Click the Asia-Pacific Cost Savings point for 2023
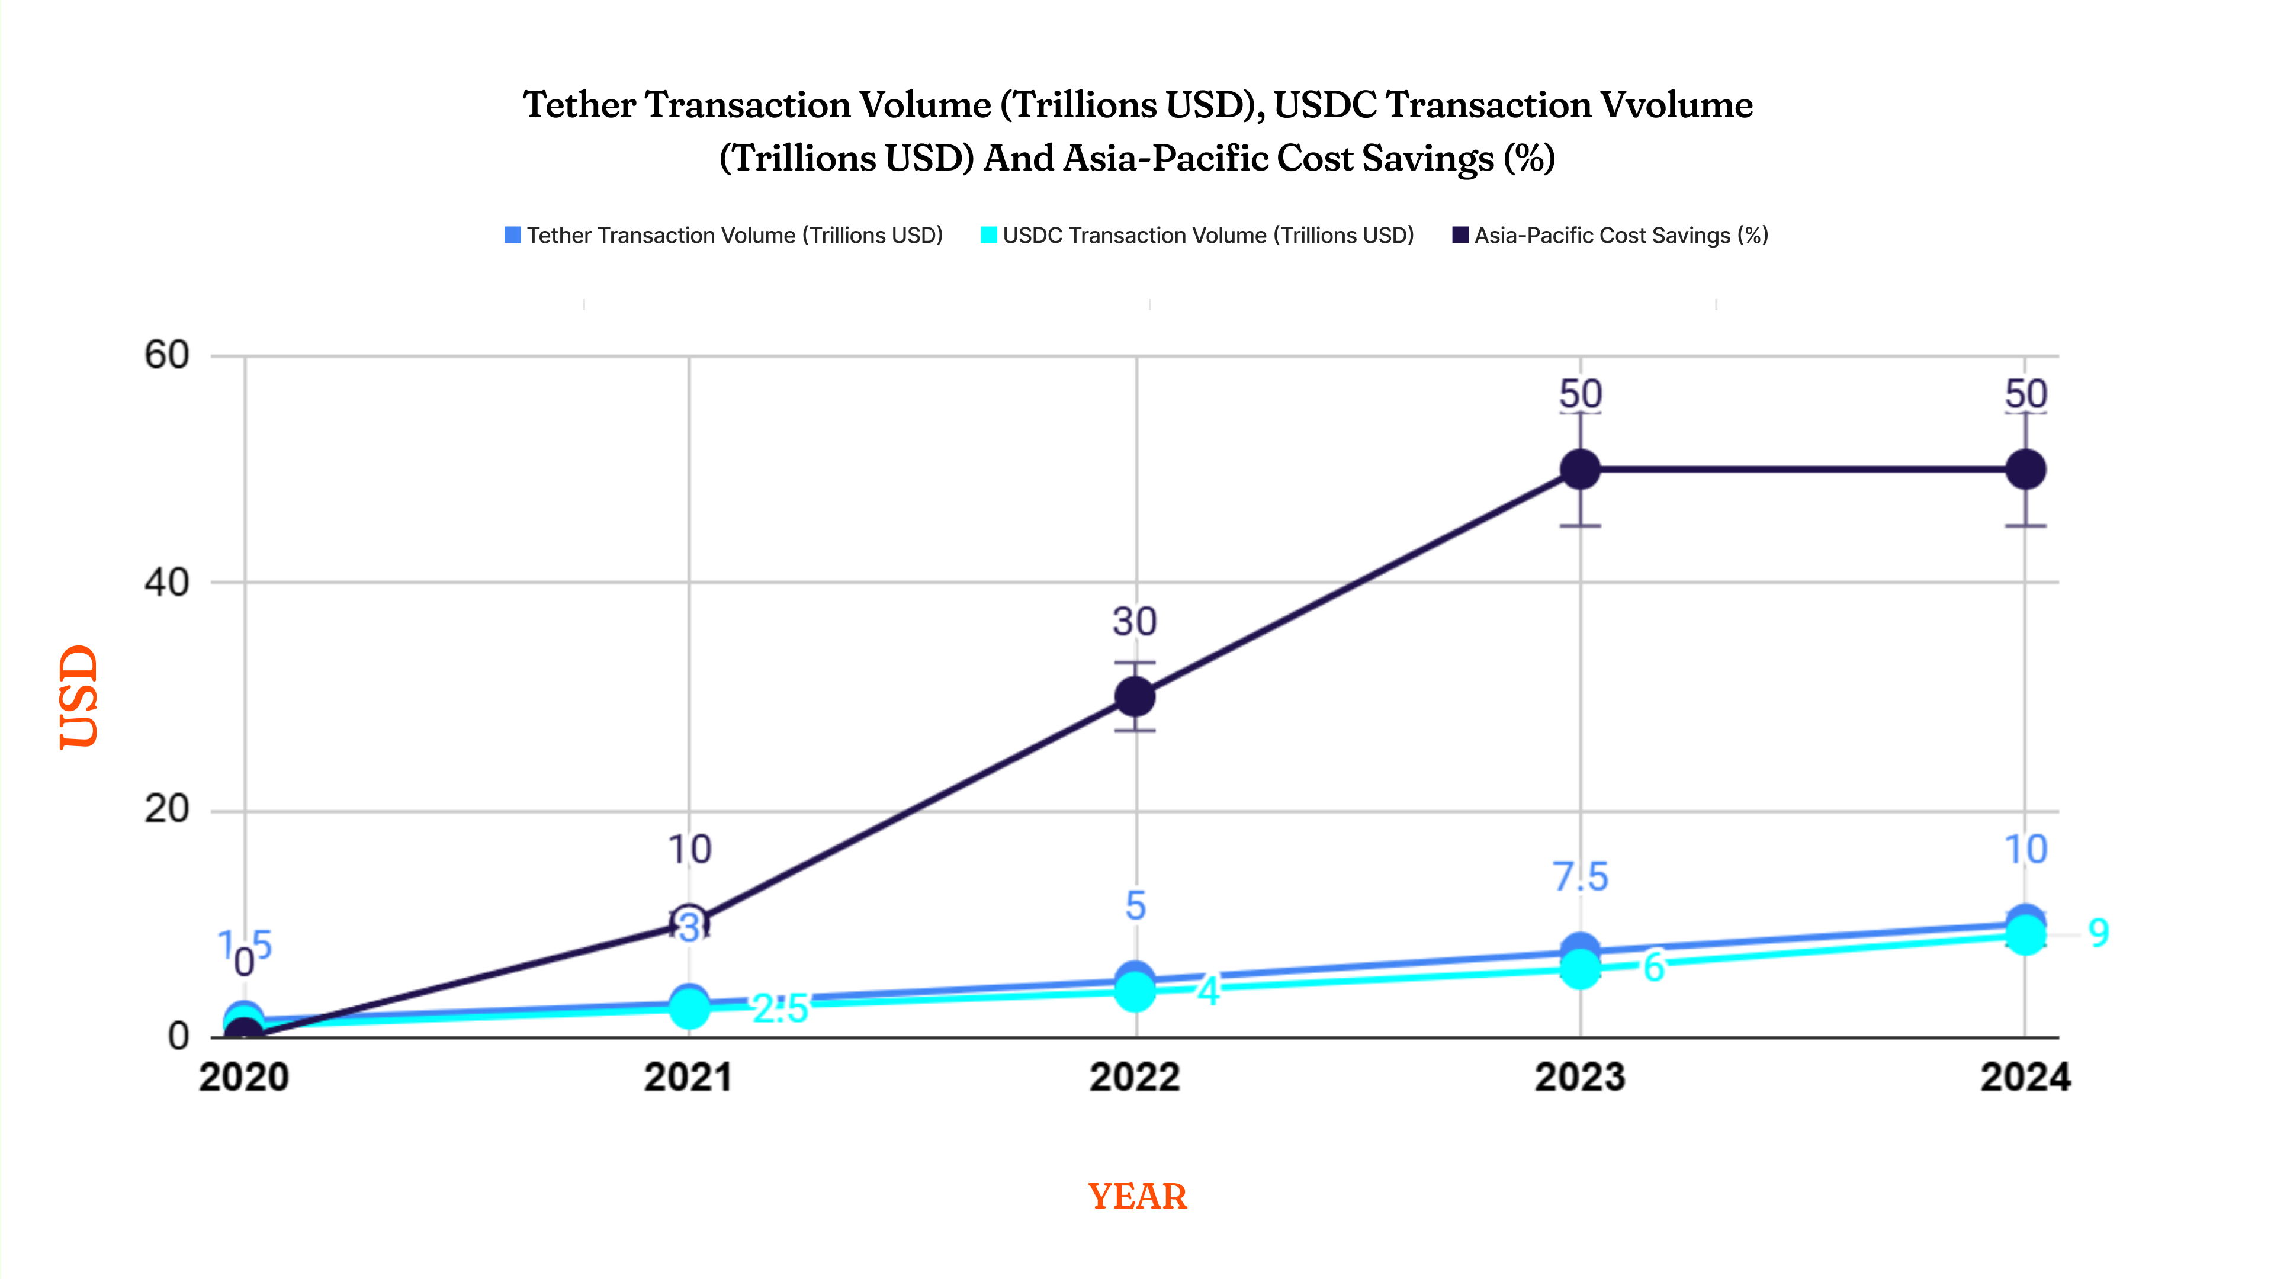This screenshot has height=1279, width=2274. tap(1580, 470)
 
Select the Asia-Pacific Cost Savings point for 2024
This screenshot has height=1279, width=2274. tap(2025, 470)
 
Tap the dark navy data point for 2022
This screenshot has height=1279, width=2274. tap(1135, 698)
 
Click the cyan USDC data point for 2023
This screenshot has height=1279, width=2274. tap(1580, 969)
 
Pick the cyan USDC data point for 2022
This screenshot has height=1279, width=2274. tap(1135, 991)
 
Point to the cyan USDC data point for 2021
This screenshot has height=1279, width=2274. tap(689, 1009)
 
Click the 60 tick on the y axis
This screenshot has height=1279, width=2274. tap(167, 356)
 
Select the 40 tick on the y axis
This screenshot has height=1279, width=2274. tap(167, 583)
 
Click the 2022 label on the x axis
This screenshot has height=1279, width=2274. tap(1135, 1078)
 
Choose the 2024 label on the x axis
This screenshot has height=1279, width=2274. tap(2025, 1078)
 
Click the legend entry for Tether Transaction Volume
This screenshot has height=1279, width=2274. tap(724, 236)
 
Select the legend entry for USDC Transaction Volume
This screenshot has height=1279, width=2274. tap(1198, 236)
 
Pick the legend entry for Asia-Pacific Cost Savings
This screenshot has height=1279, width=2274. tap(1610, 236)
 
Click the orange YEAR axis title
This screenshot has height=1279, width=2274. tap(1137, 1197)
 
